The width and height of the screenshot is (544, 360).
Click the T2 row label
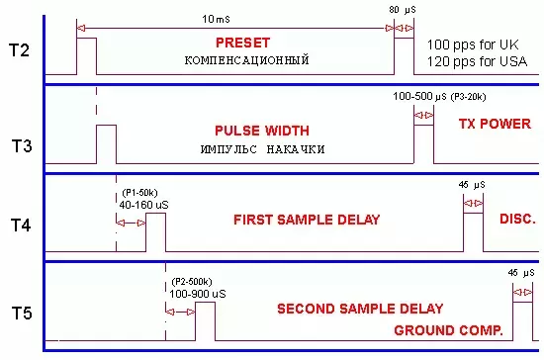click(19, 50)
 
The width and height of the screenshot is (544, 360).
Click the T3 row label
click(22, 145)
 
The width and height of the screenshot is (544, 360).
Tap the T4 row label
click(21, 225)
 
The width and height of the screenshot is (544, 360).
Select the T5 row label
click(22, 314)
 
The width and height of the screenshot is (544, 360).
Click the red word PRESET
click(243, 43)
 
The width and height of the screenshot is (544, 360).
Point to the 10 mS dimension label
click(216, 19)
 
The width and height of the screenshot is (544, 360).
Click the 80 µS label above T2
click(403, 10)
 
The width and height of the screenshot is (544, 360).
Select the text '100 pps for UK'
click(473, 45)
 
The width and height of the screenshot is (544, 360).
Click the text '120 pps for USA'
click(477, 61)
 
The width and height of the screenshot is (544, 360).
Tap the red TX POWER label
click(495, 124)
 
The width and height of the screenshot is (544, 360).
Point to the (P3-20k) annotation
click(469, 97)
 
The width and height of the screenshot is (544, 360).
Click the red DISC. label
click(517, 219)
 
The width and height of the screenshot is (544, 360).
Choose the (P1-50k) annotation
click(139, 193)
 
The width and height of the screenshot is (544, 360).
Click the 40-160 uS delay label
click(144, 205)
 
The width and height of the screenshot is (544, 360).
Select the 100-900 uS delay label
click(198, 294)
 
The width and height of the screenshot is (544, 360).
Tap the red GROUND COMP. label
click(449, 330)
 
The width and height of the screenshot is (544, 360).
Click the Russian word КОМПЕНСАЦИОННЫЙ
click(246, 60)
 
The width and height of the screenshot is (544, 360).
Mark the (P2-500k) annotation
click(192, 282)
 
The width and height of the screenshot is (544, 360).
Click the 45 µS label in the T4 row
click(472, 185)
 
